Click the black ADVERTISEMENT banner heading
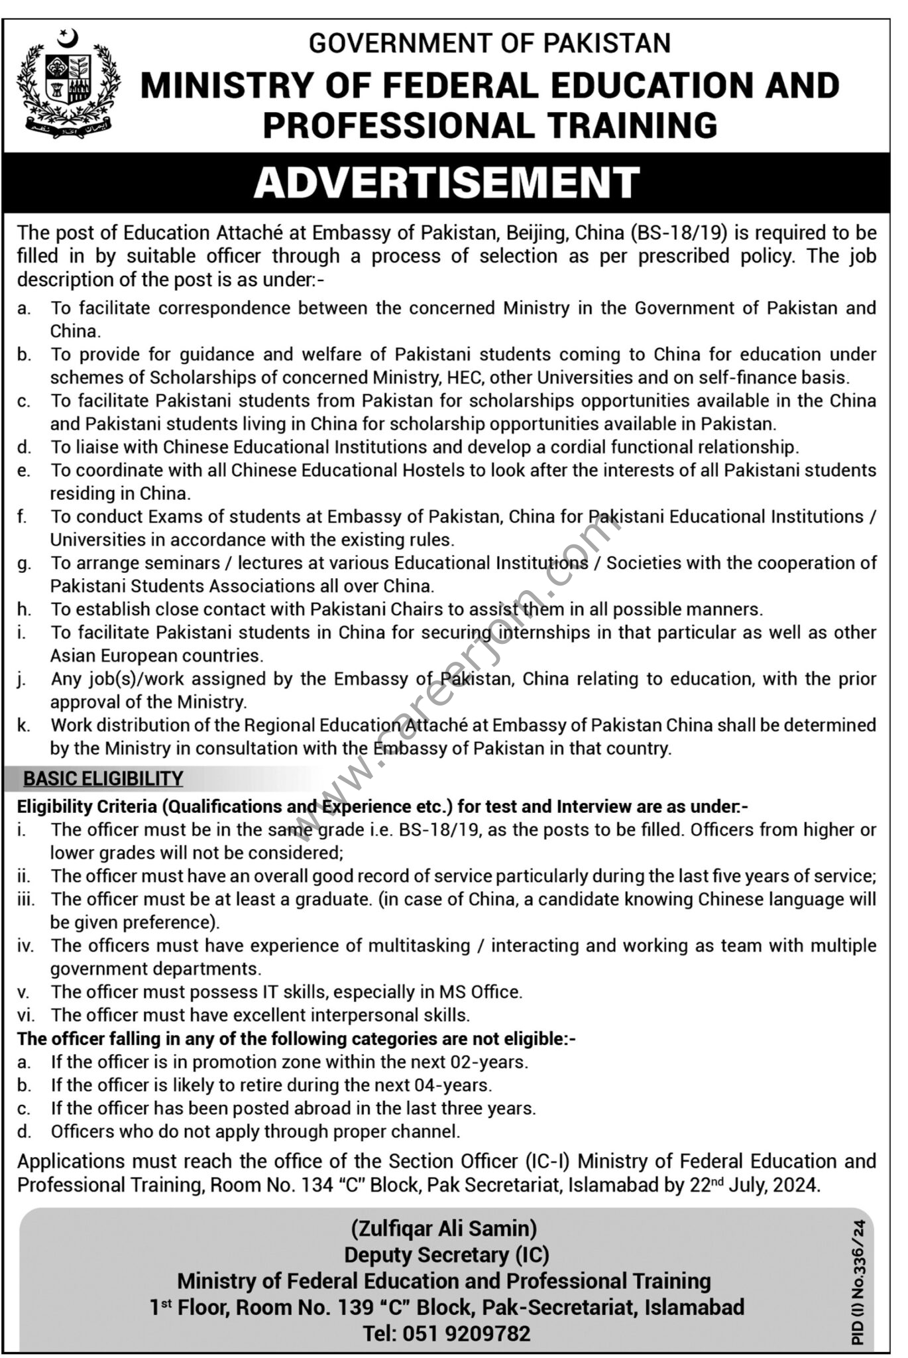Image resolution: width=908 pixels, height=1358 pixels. coord(447,182)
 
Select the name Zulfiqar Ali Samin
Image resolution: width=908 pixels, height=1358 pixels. coord(444,1228)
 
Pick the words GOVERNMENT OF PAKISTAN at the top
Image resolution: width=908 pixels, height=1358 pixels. coord(490,43)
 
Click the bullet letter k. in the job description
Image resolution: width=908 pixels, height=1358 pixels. coord(24,725)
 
